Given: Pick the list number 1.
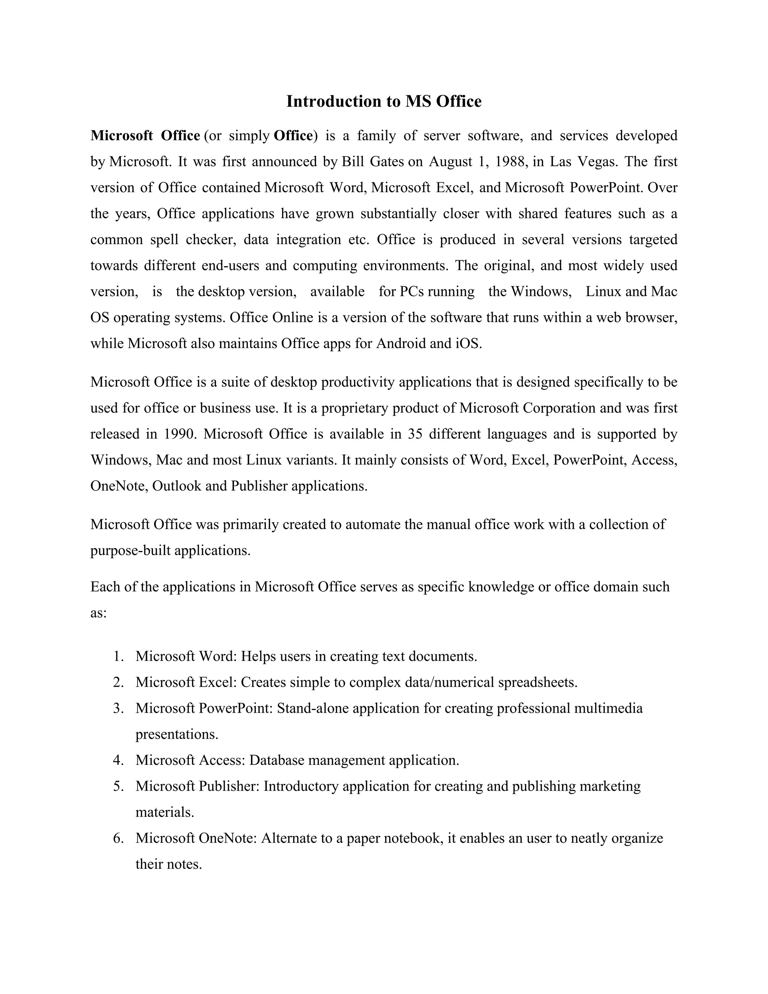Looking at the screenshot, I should [119, 656].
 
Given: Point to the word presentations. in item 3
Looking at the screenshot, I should [177, 734].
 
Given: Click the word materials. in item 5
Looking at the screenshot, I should [165, 812].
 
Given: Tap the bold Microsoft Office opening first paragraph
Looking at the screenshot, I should [145, 136].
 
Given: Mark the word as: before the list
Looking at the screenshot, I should [98, 613].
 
